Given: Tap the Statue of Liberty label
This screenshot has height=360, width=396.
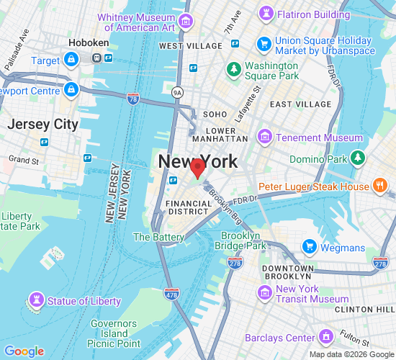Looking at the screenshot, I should point(84,300).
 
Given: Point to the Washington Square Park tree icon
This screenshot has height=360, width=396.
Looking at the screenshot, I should point(233,69).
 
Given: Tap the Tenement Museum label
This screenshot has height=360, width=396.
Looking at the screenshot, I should point(322,138).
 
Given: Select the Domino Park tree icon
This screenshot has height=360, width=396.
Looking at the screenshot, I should point(359,158).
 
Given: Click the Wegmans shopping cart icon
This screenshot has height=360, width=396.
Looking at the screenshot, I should point(310,247).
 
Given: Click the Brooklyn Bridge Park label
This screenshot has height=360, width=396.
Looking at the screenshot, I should point(240,240).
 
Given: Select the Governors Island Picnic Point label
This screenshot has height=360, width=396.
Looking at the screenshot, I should point(114,333).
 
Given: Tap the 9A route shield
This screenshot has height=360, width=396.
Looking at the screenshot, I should point(178,92).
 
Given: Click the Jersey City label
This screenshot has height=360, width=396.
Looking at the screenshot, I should point(42,124).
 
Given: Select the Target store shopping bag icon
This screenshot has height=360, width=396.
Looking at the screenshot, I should point(71,60).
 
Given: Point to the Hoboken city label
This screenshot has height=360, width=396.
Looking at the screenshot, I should point(89,43).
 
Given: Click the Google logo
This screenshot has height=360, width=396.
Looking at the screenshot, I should point(24,351).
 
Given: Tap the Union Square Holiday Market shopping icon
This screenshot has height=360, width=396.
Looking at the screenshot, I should point(264,46).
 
